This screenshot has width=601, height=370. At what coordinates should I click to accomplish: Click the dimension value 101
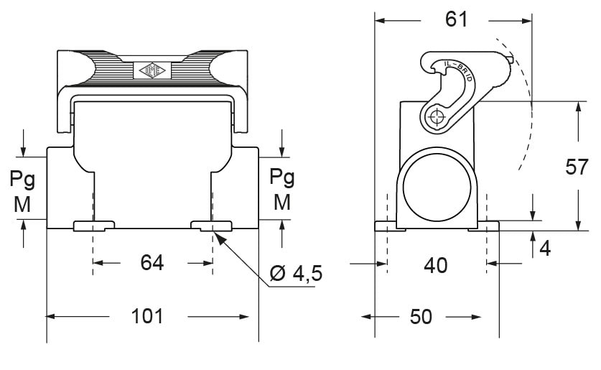147,316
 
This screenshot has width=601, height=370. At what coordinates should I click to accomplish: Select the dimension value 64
152,263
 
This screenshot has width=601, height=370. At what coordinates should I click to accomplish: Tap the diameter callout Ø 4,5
297,274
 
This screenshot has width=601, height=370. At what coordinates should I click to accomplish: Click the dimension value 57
577,167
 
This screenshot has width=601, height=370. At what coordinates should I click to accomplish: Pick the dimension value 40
435,265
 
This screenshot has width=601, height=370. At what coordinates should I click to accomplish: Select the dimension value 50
421,317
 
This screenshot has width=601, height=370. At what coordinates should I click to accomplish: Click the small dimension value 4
545,249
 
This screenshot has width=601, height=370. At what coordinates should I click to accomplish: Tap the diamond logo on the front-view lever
151,70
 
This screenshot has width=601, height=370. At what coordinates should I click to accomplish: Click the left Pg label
22,177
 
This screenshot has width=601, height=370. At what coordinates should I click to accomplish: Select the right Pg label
282,177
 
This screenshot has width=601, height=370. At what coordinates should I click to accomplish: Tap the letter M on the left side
22,204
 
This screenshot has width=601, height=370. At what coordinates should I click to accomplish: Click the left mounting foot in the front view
94,226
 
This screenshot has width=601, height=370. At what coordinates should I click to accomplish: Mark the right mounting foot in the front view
211,226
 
